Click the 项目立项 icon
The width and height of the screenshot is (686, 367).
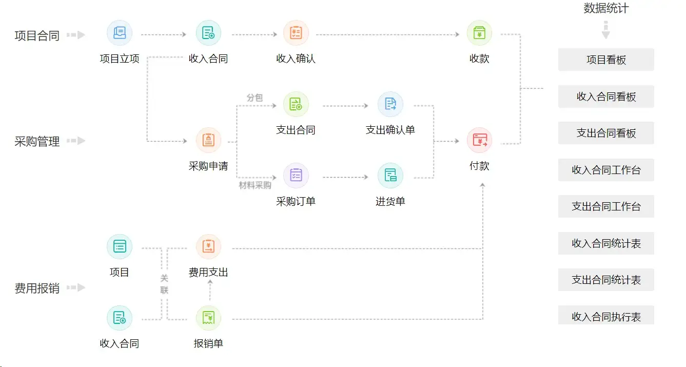pyautogui.click(x=120, y=33)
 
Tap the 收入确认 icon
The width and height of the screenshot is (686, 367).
pyautogui.click(x=296, y=33)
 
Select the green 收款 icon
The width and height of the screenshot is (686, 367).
pyautogui.click(x=479, y=33)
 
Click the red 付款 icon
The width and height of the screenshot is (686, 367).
pyautogui.click(x=479, y=141)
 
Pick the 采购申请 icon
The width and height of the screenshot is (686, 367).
pyautogui.click(x=208, y=141)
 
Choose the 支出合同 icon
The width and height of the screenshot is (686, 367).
pyautogui.click(x=296, y=105)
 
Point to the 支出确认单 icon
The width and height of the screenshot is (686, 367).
pyautogui.click(x=390, y=105)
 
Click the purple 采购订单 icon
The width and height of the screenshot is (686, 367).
pyautogui.click(x=296, y=176)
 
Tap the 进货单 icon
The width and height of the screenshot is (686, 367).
pyautogui.click(x=390, y=176)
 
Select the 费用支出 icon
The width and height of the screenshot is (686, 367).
pyautogui.click(x=208, y=247)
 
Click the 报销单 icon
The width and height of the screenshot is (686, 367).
pyautogui.click(x=208, y=318)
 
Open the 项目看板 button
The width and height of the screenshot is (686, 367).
pyautogui.click(x=606, y=60)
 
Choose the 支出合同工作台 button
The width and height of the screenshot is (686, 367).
pyautogui.click(x=606, y=206)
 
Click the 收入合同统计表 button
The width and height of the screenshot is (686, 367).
pyautogui.click(x=606, y=243)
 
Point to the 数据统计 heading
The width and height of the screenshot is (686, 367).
pyautogui.click(x=606, y=8)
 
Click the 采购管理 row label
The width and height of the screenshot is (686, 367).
pyautogui.click(x=37, y=141)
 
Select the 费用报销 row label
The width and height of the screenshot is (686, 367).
pyautogui.click(x=37, y=288)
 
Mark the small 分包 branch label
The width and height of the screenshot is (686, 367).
pyautogui.click(x=254, y=98)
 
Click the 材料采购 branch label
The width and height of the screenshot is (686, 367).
pyautogui.click(x=255, y=185)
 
